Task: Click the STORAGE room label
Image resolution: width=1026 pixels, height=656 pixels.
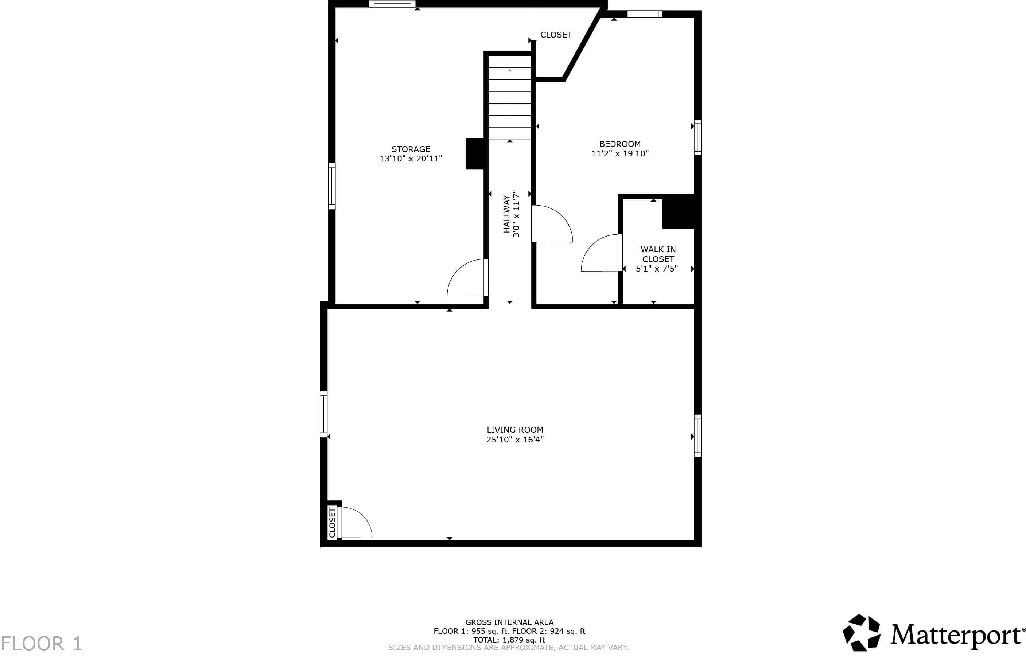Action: [411, 149]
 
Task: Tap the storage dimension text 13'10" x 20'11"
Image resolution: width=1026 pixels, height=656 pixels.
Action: [411, 159]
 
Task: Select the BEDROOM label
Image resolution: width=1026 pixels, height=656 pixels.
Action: [619, 144]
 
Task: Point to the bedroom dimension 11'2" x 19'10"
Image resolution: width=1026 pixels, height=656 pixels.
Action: [619, 154]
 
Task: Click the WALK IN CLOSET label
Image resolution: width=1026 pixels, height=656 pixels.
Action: [658, 254]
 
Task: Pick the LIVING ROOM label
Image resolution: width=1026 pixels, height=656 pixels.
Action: [515, 430]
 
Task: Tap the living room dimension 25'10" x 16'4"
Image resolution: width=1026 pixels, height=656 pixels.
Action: [515, 440]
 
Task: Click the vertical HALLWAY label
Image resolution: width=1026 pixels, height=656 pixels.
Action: [506, 214]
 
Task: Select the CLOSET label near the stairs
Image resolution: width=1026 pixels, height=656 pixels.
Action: [556, 35]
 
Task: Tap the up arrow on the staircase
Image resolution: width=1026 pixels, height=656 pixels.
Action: [510, 73]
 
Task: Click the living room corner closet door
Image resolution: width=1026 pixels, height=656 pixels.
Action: [356, 523]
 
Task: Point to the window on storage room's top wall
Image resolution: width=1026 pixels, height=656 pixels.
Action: [392, 4]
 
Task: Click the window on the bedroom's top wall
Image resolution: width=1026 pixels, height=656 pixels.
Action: [645, 15]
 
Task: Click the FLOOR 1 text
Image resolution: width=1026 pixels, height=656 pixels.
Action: [41, 643]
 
